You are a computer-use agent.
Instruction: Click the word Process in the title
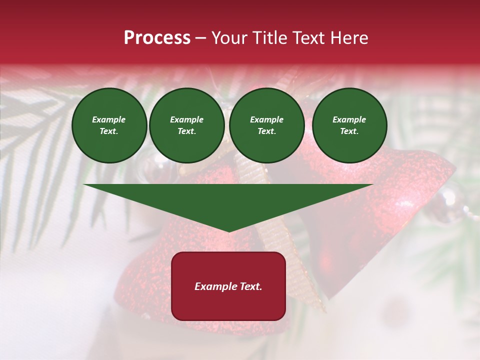click(x=157, y=38)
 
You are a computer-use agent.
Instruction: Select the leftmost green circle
click(x=109, y=125)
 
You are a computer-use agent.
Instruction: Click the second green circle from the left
click(x=186, y=125)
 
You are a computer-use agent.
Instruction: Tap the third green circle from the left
click(x=266, y=125)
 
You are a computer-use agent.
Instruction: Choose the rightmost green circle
click(x=349, y=125)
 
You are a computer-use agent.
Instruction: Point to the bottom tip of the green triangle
click(x=228, y=231)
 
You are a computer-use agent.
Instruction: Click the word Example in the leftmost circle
click(x=109, y=119)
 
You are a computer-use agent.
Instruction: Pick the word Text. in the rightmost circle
click(x=349, y=131)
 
